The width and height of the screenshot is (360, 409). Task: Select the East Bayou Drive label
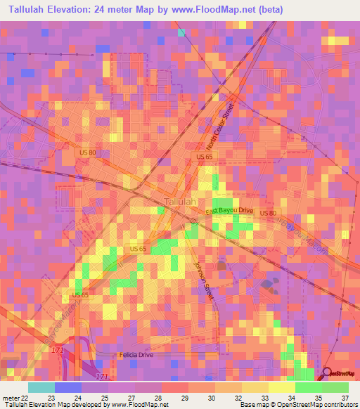tap(229, 210)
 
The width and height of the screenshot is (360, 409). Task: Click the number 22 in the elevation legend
tap(25, 398)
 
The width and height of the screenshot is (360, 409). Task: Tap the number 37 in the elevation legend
tap(345, 398)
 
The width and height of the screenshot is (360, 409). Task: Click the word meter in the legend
tap(10, 398)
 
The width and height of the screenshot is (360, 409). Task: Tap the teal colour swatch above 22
tap(41, 387)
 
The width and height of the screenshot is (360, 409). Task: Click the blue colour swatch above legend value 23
tap(67, 387)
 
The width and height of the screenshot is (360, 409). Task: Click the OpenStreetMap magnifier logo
tap(328, 373)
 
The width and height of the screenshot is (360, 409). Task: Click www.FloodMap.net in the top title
tap(219, 8)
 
